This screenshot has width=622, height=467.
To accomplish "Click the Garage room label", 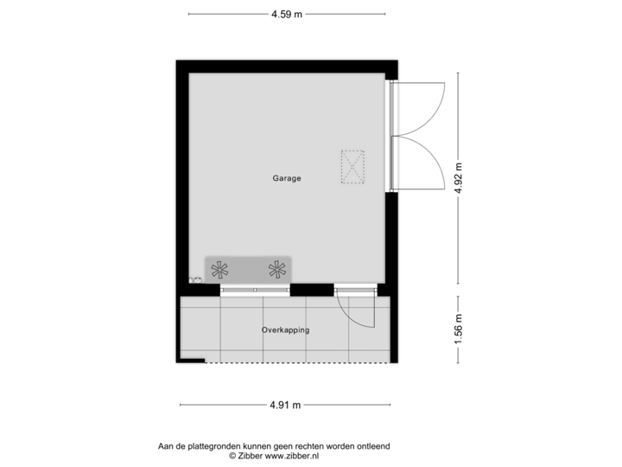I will point(287,178).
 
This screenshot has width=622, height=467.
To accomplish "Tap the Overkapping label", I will point(285,330).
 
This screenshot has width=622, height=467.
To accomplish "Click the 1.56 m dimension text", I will point(459,329).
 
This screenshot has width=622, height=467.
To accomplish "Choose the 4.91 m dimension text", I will point(284,404).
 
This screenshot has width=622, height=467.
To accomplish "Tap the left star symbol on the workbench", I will point(219,269).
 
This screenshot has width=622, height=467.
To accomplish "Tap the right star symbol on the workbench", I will point(276,269).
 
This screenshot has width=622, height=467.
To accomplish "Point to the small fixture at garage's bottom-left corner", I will point(195,279).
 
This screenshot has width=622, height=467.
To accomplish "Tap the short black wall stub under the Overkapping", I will point(192,361).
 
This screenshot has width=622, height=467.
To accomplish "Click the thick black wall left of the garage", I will point(181,173).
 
